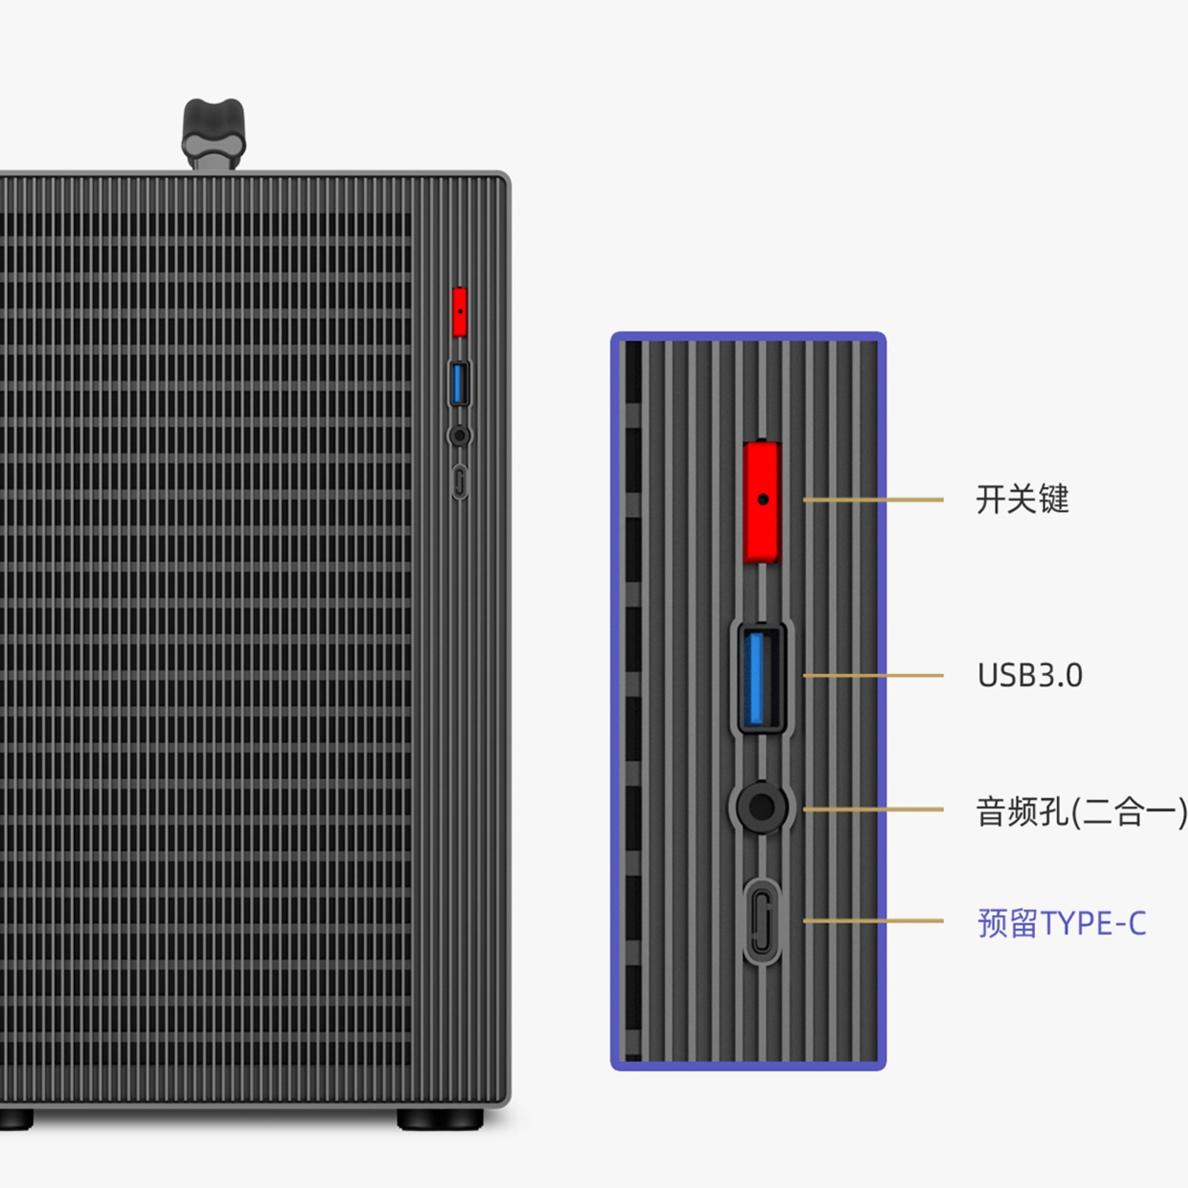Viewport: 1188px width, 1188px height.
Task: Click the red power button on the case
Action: click(459, 312)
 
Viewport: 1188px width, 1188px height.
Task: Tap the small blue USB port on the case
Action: click(459, 384)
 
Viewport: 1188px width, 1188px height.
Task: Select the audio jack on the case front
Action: click(459, 435)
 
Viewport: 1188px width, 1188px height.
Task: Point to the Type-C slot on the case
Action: click(459, 481)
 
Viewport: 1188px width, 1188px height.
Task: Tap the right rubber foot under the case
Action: click(440, 1119)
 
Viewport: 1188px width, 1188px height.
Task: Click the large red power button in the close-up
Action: click(762, 501)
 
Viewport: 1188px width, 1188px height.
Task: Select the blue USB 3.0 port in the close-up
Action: click(761, 677)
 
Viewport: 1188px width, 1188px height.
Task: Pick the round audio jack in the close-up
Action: click(762, 807)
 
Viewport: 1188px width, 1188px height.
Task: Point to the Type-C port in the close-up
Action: click(762, 921)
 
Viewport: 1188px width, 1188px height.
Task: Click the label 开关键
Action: click(1022, 499)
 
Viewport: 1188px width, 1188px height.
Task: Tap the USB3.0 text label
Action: click(1030, 675)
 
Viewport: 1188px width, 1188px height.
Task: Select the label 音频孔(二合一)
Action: click(1081, 811)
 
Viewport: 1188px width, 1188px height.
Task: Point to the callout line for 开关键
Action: click(873, 500)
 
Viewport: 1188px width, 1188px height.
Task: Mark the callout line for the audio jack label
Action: click(873, 809)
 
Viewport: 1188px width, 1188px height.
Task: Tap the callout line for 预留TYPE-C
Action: click(873, 921)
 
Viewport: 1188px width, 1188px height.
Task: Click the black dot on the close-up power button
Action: click(763, 500)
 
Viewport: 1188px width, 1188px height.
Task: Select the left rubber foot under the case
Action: click(14, 1119)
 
